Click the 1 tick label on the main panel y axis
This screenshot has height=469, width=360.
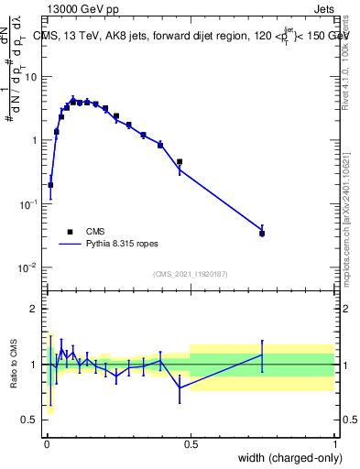pyautogui.click(x=35, y=140)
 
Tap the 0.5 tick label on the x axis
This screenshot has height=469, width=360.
pyautogui.click(x=191, y=443)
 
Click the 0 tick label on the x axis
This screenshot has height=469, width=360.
pyautogui.click(x=47, y=443)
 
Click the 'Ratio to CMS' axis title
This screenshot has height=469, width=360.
pyautogui.click(x=14, y=364)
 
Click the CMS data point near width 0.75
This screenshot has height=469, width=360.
pyautogui.click(x=262, y=234)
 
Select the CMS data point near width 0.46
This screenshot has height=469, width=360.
pyautogui.click(x=180, y=162)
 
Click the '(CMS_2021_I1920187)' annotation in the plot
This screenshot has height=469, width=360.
pyautogui.click(x=190, y=274)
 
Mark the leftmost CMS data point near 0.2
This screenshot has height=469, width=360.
pyautogui.click(x=50, y=185)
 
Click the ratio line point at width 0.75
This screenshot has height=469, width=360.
pyautogui.click(x=262, y=354)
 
